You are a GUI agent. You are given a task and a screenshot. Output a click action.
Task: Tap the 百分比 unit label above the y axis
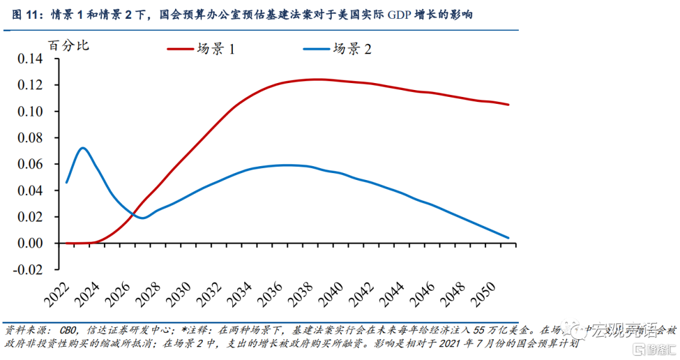click(69, 45)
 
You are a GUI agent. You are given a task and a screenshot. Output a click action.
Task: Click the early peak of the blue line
click(82, 148)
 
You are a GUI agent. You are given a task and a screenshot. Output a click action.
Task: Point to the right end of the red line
click(508, 104)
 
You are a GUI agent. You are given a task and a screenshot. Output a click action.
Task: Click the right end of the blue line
click(508, 238)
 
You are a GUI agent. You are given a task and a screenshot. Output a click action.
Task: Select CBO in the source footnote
click(71, 330)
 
